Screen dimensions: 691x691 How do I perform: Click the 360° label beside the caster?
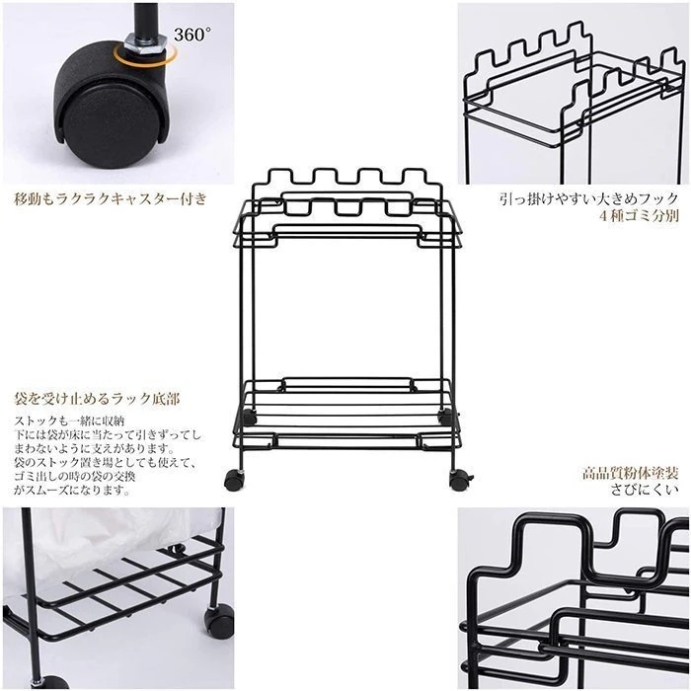[192, 35]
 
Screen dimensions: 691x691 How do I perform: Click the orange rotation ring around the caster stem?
[145, 56]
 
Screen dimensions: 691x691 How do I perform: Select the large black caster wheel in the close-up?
[111, 106]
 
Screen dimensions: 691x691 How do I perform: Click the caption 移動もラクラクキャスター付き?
[111, 199]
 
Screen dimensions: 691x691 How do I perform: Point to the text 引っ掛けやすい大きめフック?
[588, 199]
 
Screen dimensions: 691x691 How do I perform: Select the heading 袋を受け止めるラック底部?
[97, 399]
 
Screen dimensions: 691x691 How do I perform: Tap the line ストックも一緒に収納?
[70, 421]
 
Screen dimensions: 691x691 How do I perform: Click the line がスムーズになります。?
[72, 490]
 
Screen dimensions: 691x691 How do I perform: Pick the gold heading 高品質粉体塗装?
[630, 474]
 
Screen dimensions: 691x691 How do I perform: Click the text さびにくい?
[645, 490]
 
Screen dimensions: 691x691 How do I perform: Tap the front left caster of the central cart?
[234, 480]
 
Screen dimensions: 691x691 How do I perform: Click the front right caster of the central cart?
[461, 480]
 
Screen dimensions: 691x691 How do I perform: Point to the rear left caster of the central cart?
[249, 417]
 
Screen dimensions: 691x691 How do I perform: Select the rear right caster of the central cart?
[446, 417]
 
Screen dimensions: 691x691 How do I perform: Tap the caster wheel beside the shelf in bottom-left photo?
[218, 621]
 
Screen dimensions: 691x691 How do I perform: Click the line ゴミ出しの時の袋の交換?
[75, 477]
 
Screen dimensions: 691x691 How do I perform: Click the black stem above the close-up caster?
[145, 19]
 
